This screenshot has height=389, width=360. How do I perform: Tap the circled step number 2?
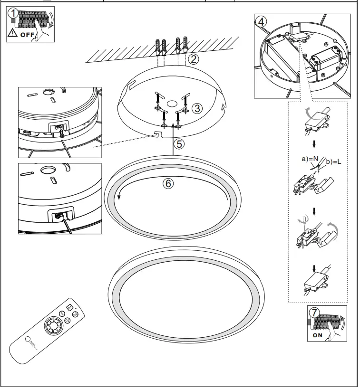193,59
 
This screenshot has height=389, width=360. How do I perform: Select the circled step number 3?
198,108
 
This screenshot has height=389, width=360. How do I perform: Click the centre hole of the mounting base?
170,104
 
